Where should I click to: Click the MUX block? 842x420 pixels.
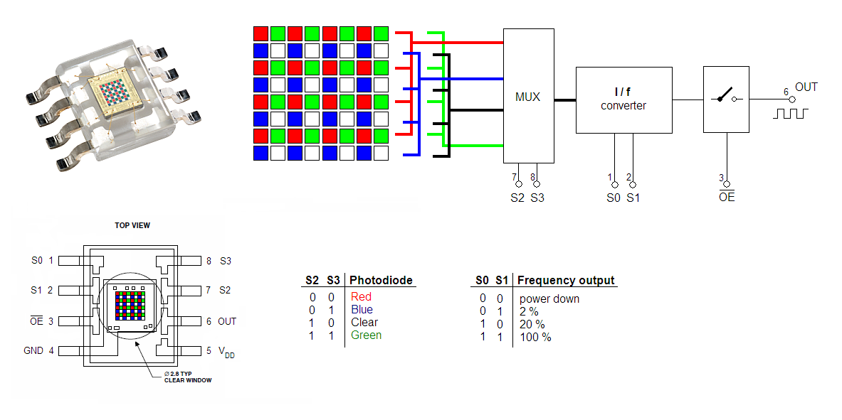click(x=528, y=95)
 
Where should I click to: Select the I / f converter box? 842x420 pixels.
click(x=624, y=99)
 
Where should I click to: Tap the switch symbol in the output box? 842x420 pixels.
click(x=727, y=98)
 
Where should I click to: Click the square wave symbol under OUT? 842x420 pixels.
click(x=790, y=113)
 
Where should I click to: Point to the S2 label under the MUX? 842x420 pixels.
click(x=517, y=198)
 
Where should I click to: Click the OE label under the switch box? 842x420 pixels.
click(x=727, y=195)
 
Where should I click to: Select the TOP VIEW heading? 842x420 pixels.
click(x=132, y=225)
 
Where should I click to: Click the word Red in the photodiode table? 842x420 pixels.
click(x=361, y=296)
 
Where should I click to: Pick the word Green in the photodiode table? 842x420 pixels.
click(x=367, y=335)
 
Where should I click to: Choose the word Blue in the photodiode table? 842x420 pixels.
click(x=362, y=310)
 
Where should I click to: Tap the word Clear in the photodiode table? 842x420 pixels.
click(x=364, y=323)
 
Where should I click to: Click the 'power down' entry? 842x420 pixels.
click(x=549, y=298)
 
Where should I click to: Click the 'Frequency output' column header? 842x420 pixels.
click(x=566, y=280)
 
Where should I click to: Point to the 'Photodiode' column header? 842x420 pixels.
click(x=381, y=280)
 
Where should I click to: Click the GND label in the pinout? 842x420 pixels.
click(x=33, y=351)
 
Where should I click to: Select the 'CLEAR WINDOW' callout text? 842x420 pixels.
click(x=188, y=380)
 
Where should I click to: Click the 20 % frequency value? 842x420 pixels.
click(x=532, y=325)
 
